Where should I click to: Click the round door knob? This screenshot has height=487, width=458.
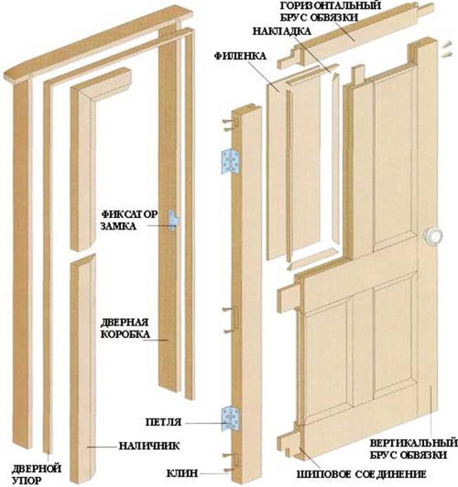click(x=433, y=235)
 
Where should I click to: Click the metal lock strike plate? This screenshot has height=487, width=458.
click(x=173, y=220)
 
